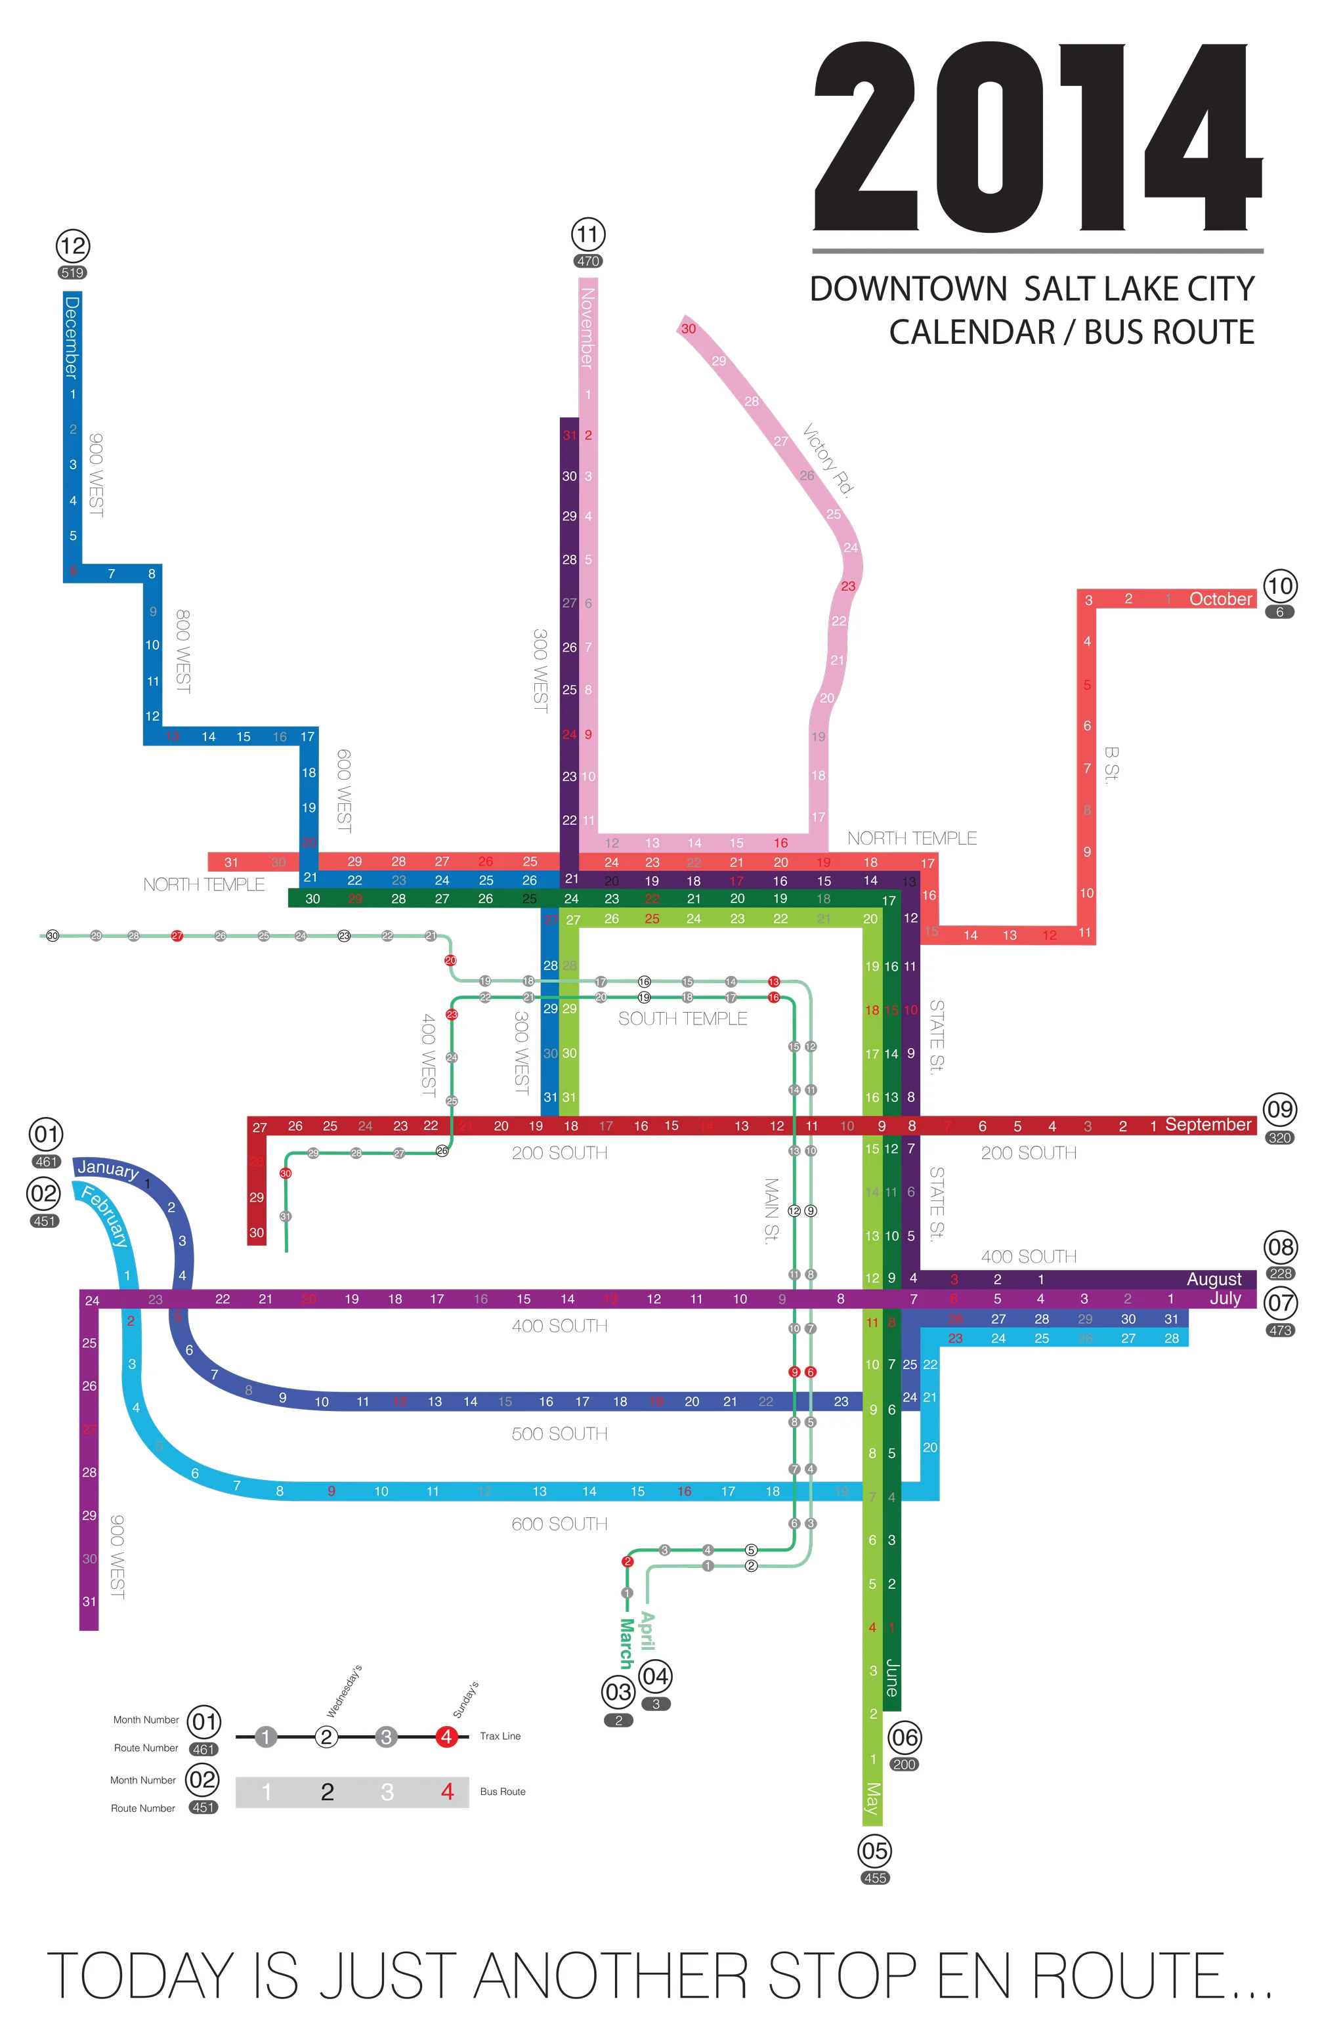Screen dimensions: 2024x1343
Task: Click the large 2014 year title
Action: pyautogui.click(x=1037, y=137)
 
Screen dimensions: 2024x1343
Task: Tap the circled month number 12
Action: pyautogui.click(x=73, y=247)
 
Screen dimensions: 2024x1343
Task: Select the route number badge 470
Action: pyautogui.click(x=587, y=261)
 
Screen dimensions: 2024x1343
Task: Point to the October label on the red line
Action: pyautogui.click(x=1220, y=599)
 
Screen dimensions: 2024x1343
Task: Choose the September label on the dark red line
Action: pyautogui.click(x=1208, y=1124)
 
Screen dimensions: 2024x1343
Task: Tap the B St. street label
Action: pyautogui.click(x=1111, y=765)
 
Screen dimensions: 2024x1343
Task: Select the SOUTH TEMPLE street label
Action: pyautogui.click(x=683, y=1019)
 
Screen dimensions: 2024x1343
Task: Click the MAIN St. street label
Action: pyautogui.click(x=771, y=1211)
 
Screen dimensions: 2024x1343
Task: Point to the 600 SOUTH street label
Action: pyautogui.click(x=559, y=1524)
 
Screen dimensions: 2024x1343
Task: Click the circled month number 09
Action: pyautogui.click(x=1279, y=1110)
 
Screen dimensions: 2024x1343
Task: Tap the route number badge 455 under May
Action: pyautogui.click(x=874, y=1878)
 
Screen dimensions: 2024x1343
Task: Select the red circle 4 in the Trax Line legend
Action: pyautogui.click(x=446, y=1737)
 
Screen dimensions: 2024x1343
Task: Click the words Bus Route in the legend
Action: pyautogui.click(x=503, y=1791)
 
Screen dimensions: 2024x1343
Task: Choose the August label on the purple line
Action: pyautogui.click(x=1214, y=1279)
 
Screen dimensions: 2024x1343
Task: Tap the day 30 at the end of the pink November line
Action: pyautogui.click(x=689, y=329)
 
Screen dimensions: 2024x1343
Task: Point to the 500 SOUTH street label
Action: pyautogui.click(x=559, y=1433)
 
